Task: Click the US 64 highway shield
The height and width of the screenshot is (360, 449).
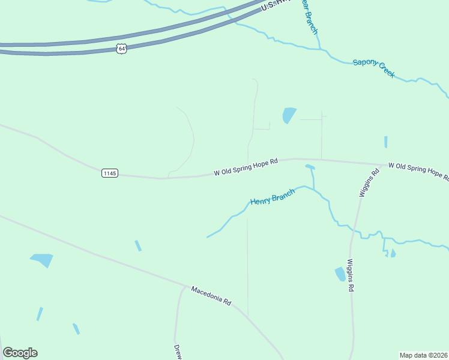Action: pyautogui.click(x=122, y=49)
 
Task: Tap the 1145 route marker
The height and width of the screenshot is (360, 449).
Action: pyautogui.click(x=109, y=173)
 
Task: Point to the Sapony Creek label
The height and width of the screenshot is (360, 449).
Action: pyautogui.click(x=373, y=67)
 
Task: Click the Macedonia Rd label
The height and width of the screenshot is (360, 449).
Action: pyautogui.click(x=211, y=296)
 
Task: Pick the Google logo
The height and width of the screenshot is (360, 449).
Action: pyautogui.click(x=20, y=353)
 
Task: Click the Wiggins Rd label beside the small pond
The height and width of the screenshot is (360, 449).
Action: pyautogui.click(x=351, y=275)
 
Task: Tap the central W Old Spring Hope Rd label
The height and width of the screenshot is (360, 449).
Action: pyautogui.click(x=246, y=167)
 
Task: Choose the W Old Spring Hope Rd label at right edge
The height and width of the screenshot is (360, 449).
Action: pyautogui.click(x=418, y=170)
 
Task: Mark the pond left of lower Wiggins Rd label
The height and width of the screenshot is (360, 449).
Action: pyautogui.click(x=340, y=274)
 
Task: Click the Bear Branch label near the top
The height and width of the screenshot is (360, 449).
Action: pyautogui.click(x=309, y=16)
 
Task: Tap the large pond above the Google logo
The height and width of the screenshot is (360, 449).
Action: pyautogui.click(x=43, y=260)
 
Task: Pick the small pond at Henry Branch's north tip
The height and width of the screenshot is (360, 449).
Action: pyautogui.click(x=310, y=167)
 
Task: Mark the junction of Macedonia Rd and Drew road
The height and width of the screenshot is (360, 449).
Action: pyautogui.click(x=184, y=287)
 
